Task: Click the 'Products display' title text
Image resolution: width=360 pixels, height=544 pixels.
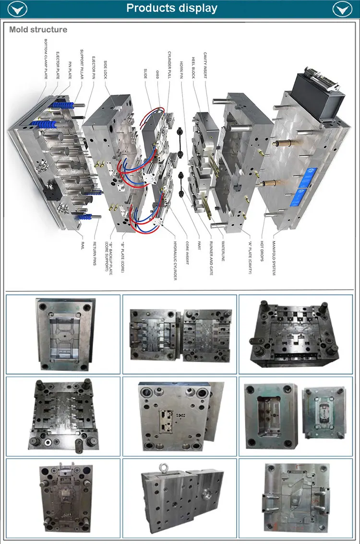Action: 171,9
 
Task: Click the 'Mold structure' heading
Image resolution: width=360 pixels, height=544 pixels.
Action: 38,30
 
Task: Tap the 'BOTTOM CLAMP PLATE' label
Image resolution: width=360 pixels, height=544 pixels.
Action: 46,58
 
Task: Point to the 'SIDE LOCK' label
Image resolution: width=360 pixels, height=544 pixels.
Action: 105,69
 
